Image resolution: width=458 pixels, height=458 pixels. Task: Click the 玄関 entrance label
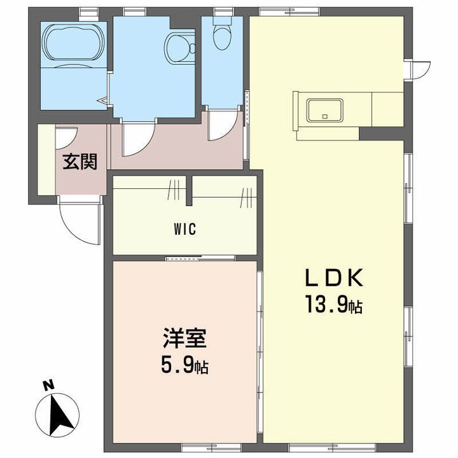click(x=80, y=162)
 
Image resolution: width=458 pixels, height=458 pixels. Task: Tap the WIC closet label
click(x=185, y=229)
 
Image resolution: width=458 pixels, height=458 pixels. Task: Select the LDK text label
click(x=334, y=278)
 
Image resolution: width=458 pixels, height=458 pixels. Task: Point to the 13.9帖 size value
click(x=334, y=304)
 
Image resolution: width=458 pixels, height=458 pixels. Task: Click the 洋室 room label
click(x=184, y=338)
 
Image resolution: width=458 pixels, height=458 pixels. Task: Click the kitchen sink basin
click(x=325, y=111)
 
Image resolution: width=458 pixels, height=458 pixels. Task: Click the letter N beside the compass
click(x=48, y=385)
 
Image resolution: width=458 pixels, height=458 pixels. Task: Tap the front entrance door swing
click(x=80, y=221)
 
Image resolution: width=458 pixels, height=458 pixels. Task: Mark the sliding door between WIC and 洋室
click(x=200, y=258)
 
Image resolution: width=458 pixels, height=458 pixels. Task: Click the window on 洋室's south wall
click(x=211, y=447)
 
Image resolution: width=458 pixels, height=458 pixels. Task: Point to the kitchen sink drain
click(x=325, y=116)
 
